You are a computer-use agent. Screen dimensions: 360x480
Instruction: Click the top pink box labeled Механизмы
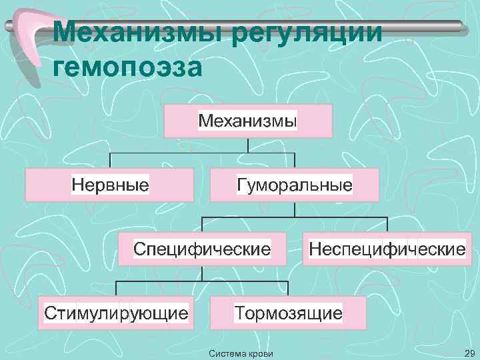click(247, 121)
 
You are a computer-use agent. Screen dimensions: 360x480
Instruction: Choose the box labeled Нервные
click(110, 185)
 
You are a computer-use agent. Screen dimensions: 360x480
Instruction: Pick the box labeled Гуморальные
click(294, 185)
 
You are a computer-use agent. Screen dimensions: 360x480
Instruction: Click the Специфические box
click(202, 249)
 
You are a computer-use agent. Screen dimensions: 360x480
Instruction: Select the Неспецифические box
click(387, 249)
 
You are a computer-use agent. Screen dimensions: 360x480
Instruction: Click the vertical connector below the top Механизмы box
click(248, 145)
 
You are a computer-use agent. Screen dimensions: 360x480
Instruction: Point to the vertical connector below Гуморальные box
click(295, 209)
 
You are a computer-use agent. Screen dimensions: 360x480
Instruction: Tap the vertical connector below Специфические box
click(202, 273)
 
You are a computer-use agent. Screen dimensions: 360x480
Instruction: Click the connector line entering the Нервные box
click(110, 161)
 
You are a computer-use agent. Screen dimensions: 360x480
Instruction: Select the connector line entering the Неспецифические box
click(387, 225)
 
